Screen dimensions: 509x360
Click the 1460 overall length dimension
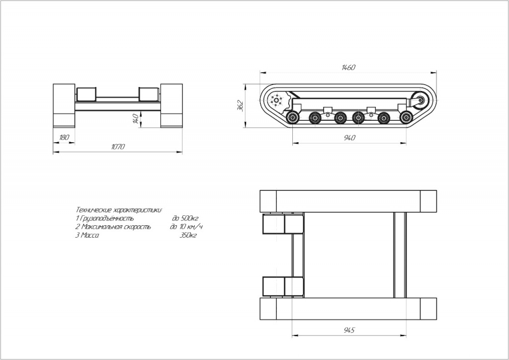(348, 68)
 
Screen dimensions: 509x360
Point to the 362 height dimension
(241, 105)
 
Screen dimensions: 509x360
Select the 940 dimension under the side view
(349, 138)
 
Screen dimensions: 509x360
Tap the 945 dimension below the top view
(349, 330)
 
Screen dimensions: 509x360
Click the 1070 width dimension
(118, 147)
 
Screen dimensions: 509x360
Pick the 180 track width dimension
(64, 137)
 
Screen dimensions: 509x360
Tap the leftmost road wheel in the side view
(292, 117)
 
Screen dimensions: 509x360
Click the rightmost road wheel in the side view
(406, 117)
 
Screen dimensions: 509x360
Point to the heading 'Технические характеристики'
(119, 210)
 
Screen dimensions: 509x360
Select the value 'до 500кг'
(185, 218)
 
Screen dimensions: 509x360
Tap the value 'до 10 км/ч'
(186, 227)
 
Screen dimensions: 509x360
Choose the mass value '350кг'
(188, 235)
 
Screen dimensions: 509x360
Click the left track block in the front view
(64, 105)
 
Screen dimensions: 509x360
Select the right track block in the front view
(171, 105)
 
